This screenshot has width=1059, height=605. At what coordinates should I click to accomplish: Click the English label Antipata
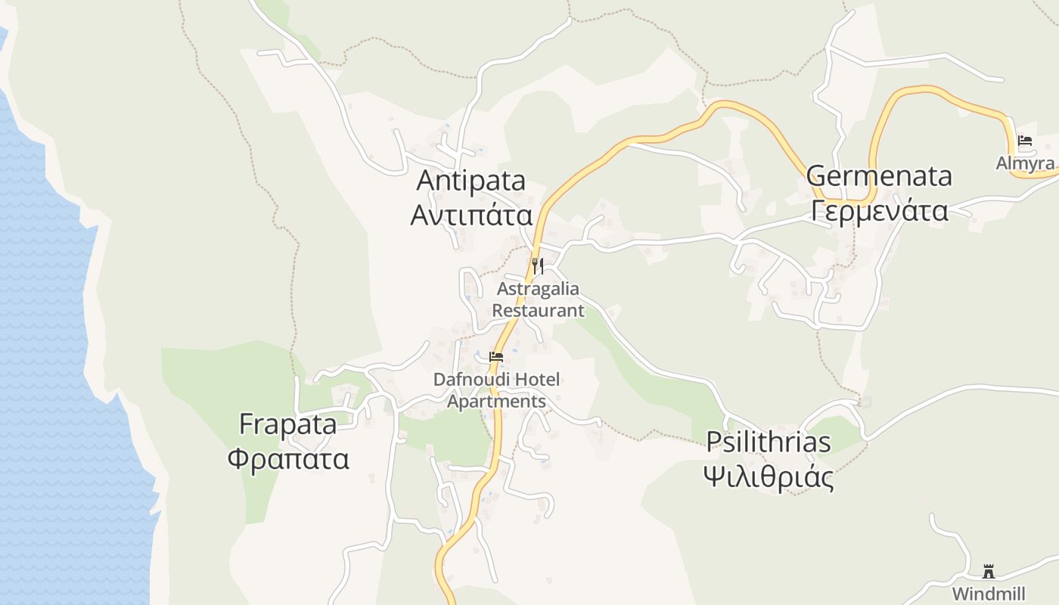tap(470, 181)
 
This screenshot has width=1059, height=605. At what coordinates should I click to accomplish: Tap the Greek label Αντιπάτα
tap(470, 215)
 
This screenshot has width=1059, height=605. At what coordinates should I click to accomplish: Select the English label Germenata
tap(878, 176)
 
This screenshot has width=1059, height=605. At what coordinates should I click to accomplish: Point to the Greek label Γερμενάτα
tap(878, 209)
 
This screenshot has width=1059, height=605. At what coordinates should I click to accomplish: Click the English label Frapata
tap(287, 424)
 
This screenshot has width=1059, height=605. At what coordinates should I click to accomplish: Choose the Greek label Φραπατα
tap(287, 458)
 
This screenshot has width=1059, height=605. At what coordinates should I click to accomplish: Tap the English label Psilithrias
tap(768, 442)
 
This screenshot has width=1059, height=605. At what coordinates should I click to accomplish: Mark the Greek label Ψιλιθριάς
tap(768, 477)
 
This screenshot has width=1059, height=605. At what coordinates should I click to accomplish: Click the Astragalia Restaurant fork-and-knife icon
tap(537, 265)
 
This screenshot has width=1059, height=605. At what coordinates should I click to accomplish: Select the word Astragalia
tap(538, 289)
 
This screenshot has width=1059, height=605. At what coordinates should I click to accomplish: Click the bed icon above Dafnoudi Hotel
tap(496, 356)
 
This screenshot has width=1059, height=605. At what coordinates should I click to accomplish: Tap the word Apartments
tap(496, 402)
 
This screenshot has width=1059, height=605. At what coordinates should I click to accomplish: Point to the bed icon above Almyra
tap(1025, 141)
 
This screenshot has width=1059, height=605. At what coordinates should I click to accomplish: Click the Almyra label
tap(1025, 163)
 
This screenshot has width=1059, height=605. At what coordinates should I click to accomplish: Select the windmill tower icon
tap(988, 571)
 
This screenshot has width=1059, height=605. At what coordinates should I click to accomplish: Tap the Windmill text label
tap(988, 593)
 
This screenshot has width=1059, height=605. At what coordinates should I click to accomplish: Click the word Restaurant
tap(538, 311)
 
